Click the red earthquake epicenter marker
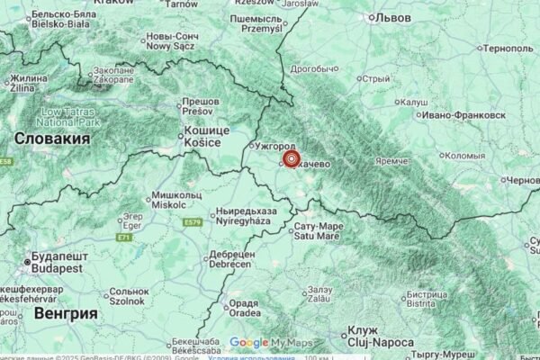[x=291, y=159]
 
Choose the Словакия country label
[x=53, y=139]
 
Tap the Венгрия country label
[x=64, y=313]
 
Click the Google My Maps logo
[x=269, y=342]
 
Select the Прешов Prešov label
[x=200, y=108]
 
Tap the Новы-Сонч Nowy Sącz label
[x=171, y=41]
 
